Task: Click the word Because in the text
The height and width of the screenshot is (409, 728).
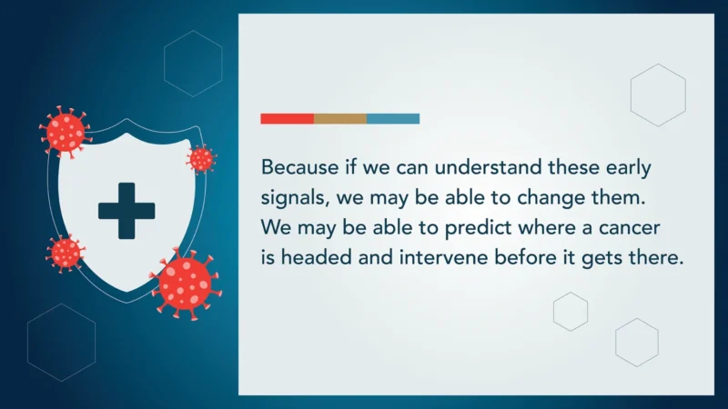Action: coord(297,168)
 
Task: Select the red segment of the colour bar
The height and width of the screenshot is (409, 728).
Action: coord(287,118)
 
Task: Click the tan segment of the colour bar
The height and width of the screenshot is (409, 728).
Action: coord(340,118)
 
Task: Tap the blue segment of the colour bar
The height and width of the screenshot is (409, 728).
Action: coord(393,118)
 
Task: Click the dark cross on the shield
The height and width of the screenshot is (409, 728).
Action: coord(126,211)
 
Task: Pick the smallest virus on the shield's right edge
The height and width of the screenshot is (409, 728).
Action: coord(201,159)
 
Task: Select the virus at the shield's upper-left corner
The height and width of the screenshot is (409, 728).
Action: coord(66,132)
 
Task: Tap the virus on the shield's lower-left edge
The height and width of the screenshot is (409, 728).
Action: coord(65,252)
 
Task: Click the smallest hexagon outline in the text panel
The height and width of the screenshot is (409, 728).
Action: coord(571,312)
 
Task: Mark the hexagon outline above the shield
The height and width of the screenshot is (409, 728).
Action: coord(193,57)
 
